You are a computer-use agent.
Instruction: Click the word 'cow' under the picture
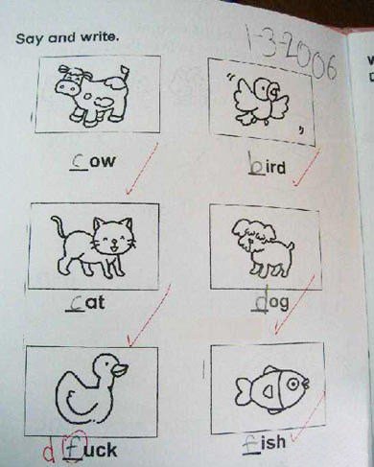coord(95,161)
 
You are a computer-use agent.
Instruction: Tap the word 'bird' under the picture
coord(266,168)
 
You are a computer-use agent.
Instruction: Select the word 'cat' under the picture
coord(88,304)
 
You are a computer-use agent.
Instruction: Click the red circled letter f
coord(69,447)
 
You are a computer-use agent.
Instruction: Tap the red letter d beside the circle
coord(46,449)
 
